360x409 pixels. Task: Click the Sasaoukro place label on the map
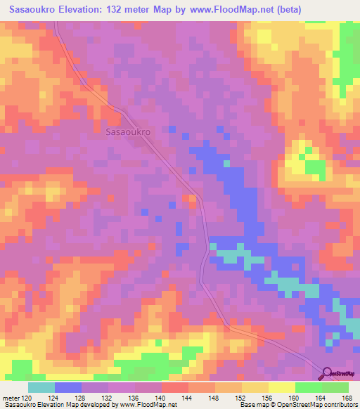tap(129, 131)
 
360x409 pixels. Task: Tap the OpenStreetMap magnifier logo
tap(328, 374)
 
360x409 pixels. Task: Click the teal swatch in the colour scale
tap(41, 387)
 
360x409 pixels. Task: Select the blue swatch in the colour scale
tap(68, 387)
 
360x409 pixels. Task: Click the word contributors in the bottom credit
tap(339, 405)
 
